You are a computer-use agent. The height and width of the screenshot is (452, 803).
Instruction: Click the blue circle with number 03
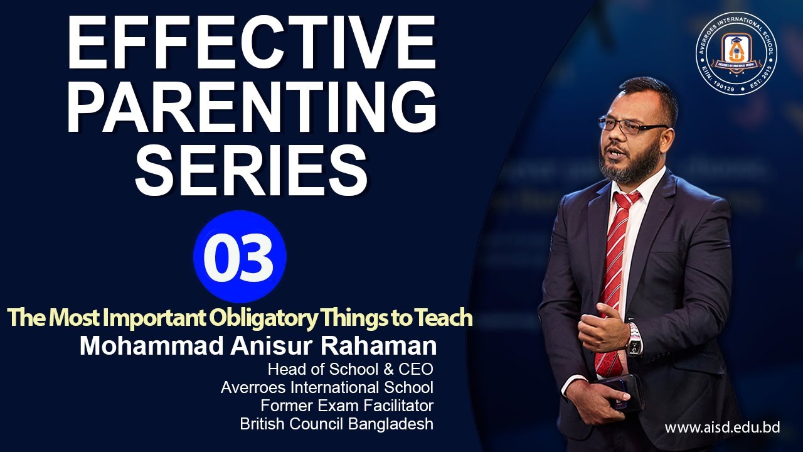[240, 257]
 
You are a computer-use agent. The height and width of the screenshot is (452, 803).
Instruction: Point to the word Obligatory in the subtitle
[263, 318]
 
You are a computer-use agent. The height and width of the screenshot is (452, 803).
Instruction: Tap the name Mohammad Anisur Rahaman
[258, 346]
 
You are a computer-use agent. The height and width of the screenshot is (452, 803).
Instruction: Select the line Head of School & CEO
[351, 369]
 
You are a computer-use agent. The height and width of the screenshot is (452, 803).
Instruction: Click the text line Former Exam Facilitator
[347, 406]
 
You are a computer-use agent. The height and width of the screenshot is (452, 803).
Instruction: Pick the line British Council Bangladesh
[337, 424]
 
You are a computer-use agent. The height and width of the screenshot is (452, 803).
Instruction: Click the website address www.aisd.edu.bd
[722, 428]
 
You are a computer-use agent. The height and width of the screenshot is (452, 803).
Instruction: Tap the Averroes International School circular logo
[737, 53]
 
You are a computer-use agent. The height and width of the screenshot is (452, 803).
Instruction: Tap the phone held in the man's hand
[617, 393]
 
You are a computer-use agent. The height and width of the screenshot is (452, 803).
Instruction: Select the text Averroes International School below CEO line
[327, 387]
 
